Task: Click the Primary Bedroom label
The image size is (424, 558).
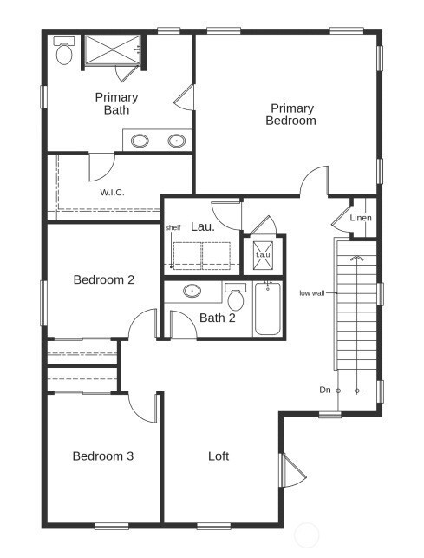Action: pyautogui.click(x=291, y=115)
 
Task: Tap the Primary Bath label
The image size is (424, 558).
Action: pyautogui.click(x=116, y=103)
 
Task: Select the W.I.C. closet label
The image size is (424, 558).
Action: pyautogui.click(x=112, y=192)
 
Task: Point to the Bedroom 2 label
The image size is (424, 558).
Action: pyautogui.click(x=104, y=279)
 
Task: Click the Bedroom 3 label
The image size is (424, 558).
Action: pyautogui.click(x=102, y=456)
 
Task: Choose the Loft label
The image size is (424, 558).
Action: pyautogui.click(x=219, y=456)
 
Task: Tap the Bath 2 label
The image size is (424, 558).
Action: pyautogui.click(x=218, y=318)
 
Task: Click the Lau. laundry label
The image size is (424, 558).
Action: pyautogui.click(x=203, y=226)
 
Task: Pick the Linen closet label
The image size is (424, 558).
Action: pyautogui.click(x=361, y=218)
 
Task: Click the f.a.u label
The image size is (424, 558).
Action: pyautogui.click(x=262, y=255)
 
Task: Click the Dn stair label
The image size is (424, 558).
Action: pyautogui.click(x=324, y=391)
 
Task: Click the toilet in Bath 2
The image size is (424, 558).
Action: pyautogui.click(x=235, y=298)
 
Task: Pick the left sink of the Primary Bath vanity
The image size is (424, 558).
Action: pyautogui.click(x=139, y=140)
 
